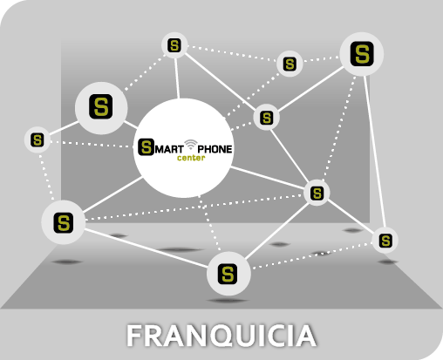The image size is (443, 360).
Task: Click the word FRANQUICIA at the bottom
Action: click(x=221, y=336)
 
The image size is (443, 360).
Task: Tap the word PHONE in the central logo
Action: click(x=215, y=149)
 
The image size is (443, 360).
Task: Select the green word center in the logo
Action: click(x=191, y=158)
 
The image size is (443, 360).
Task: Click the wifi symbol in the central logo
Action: click(x=191, y=145)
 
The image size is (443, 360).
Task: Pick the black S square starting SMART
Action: click(x=146, y=147)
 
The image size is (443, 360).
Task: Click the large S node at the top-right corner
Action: click(x=362, y=54)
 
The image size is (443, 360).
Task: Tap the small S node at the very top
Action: click(x=174, y=45)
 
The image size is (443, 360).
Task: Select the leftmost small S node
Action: click(x=37, y=139)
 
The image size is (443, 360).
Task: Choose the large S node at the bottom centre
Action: click(x=228, y=274)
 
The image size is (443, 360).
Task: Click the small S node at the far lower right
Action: click(x=385, y=241)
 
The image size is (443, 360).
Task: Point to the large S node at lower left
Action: click(x=64, y=222)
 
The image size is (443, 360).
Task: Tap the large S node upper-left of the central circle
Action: click(x=101, y=108)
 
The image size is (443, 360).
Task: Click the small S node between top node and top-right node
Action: click(x=290, y=64)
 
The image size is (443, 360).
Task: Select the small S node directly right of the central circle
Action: click(x=267, y=118)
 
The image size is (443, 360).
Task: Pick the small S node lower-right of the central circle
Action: click(x=317, y=193)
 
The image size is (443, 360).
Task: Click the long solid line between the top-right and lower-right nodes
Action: click(x=375, y=152)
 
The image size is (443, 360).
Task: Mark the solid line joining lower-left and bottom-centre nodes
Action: click(x=146, y=248)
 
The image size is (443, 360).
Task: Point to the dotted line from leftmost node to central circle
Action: click(x=92, y=144)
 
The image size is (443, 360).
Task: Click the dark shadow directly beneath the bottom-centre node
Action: click(x=228, y=301)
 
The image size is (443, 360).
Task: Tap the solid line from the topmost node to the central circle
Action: click(x=177, y=78)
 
